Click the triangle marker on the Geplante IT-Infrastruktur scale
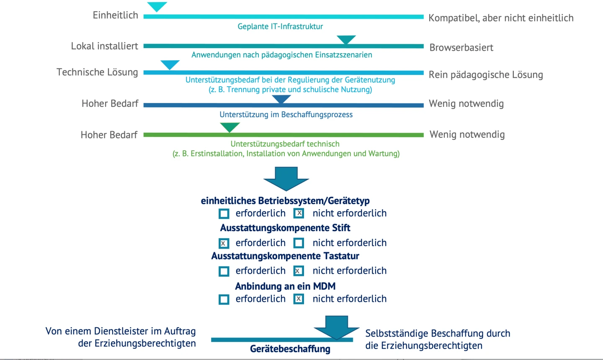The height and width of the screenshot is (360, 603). point(157,6)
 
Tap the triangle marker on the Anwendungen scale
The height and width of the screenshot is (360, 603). point(346,39)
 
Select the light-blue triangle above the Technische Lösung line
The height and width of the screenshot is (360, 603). point(170,64)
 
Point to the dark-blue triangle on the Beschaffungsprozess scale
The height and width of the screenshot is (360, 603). point(281,99)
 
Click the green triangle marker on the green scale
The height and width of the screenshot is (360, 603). point(230,127)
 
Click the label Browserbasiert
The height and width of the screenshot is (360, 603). point(461,48)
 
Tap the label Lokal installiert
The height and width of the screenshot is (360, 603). point(104,46)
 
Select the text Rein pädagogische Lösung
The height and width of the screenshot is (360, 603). point(486,75)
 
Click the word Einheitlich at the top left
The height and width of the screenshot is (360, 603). point(115,15)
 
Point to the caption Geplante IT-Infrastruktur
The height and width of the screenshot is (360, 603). point(280,26)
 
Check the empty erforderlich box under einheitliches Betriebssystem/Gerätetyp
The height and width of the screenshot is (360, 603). point(224,214)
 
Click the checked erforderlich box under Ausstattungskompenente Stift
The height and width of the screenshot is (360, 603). point(224,243)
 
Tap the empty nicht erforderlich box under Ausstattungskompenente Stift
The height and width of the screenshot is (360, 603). point(299,243)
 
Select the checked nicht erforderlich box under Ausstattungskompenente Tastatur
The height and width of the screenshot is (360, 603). point(299,271)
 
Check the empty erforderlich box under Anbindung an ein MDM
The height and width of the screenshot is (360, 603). point(224,299)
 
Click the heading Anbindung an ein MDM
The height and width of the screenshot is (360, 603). point(285,286)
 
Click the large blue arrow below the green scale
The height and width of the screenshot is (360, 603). point(286,177)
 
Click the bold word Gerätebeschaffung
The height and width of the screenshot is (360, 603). point(290,349)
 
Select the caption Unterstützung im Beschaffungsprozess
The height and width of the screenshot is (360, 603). point(286,115)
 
